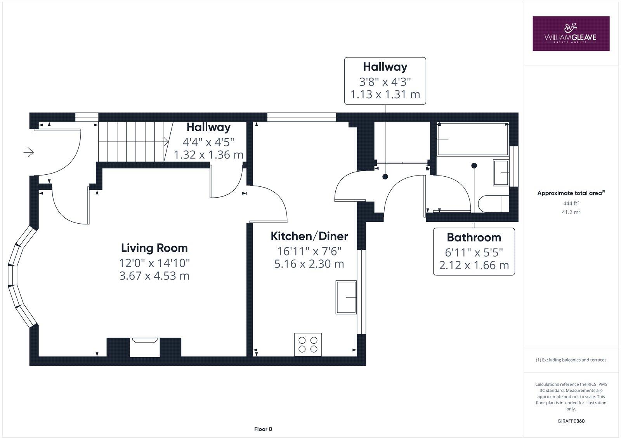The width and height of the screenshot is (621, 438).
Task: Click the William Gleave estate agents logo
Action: tap(571, 33)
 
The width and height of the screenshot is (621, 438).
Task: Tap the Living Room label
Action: tap(154, 248)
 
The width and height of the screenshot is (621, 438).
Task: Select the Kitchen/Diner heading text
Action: tap(309, 236)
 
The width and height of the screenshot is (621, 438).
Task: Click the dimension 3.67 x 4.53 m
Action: tap(154, 276)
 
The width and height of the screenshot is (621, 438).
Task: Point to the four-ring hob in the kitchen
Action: tap(308, 344)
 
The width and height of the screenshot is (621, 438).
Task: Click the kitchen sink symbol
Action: tap(346, 297)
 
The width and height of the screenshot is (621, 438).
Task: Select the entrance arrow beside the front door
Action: tap(29, 153)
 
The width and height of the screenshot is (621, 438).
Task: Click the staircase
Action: tap(132, 142)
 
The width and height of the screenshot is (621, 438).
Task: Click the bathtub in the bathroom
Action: tap(472, 139)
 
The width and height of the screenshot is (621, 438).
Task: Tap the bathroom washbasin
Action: tap(501, 172)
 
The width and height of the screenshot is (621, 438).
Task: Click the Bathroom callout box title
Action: tap(474, 237)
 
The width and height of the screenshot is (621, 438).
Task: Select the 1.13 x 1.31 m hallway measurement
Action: tap(385, 95)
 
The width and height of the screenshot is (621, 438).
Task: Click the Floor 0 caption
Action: tap(263, 429)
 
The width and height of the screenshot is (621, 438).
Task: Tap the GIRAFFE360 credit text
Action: tap(571, 421)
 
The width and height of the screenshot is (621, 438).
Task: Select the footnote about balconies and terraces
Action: tap(571, 360)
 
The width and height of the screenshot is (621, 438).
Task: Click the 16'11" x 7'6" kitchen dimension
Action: tap(309, 251)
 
